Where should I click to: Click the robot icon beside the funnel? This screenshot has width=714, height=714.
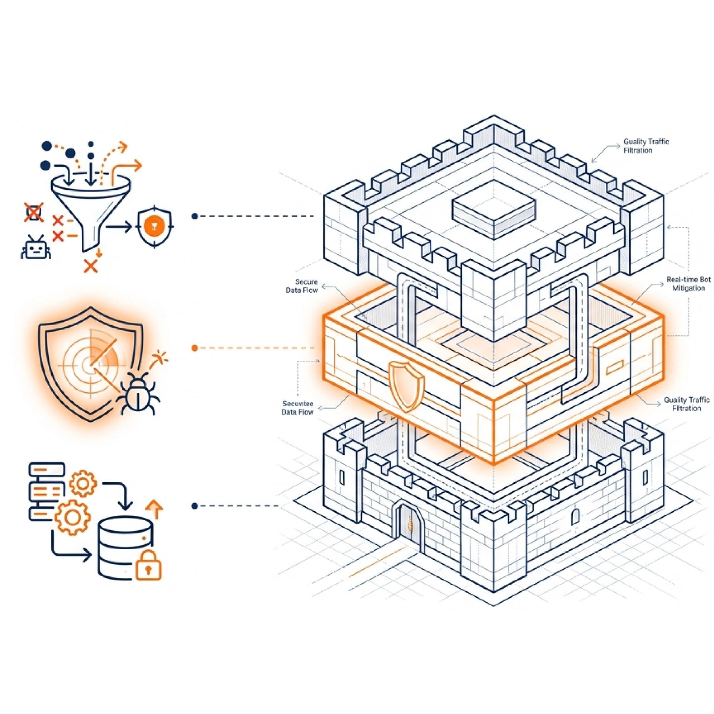click(x=35, y=248)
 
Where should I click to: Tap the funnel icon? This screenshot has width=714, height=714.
click(x=91, y=208)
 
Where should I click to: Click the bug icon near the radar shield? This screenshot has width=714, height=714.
click(x=138, y=394)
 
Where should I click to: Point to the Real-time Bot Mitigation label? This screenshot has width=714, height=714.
click(x=688, y=284)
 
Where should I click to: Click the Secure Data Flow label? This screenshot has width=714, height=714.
click(x=302, y=286)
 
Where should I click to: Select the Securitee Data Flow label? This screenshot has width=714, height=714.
click(x=297, y=408)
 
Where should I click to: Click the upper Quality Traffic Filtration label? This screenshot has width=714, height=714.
click(x=646, y=146)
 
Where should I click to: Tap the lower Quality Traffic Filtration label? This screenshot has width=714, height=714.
click(x=686, y=404)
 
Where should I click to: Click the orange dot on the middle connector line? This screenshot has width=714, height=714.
click(x=194, y=348)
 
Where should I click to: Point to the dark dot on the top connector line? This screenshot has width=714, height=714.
click(x=194, y=216)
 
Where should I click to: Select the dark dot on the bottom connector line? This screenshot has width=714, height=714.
click(x=194, y=506)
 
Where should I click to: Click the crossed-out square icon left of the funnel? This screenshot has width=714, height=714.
click(x=34, y=212)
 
